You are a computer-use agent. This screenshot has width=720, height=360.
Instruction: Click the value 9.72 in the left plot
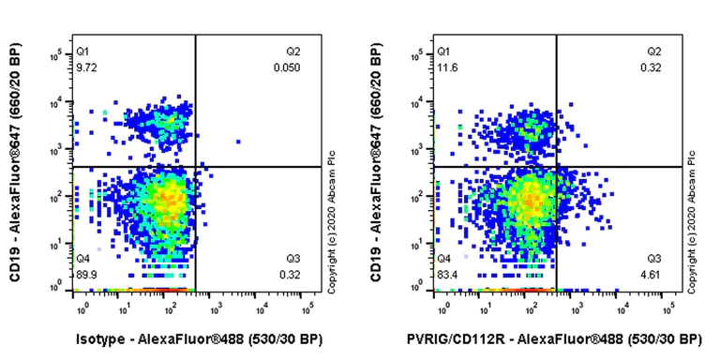coord(85,68)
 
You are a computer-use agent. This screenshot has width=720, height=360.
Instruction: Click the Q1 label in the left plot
coord(82,52)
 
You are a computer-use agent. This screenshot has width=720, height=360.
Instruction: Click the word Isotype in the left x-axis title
coord(101,338)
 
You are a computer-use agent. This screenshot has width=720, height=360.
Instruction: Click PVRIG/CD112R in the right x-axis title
coord(471,338)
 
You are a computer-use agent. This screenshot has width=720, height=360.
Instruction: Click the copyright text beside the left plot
coord(332,225)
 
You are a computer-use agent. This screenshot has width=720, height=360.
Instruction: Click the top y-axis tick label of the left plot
coord(58,53)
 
